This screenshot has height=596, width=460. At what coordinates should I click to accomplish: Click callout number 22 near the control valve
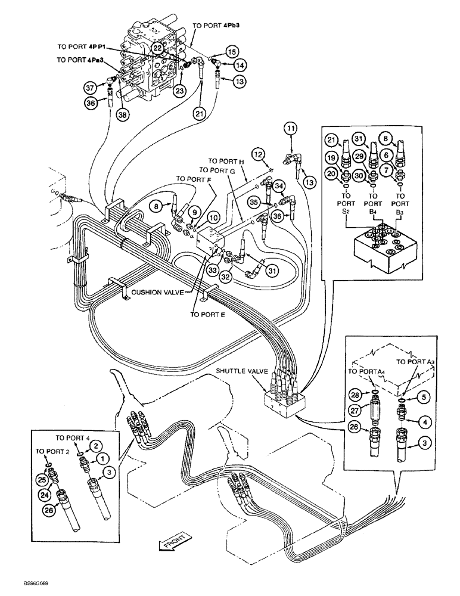tap(156, 48)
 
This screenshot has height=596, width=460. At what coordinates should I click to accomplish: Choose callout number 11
tap(290, 128)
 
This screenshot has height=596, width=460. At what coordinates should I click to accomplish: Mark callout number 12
tap(260, 154)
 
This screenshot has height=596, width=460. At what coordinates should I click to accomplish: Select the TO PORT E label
tap(207, 315)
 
